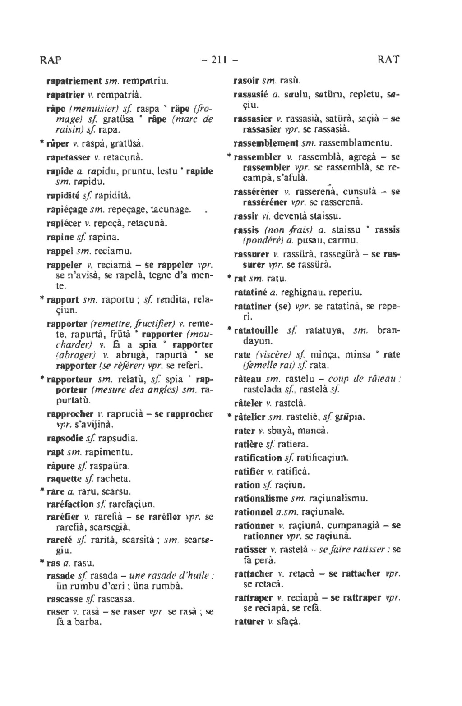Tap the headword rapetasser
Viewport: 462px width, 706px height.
(x=68, y=158)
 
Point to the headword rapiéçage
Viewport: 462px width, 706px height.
(x=67, y=210)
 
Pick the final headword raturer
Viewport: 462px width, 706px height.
(x=249, y=622)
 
